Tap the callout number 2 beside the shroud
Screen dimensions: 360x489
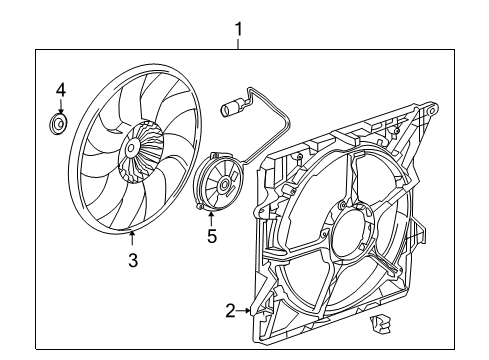231,311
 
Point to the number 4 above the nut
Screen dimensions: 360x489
60,91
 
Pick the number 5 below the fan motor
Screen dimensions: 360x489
211,236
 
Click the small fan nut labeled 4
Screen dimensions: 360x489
60,125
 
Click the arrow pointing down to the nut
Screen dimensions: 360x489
60,107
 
